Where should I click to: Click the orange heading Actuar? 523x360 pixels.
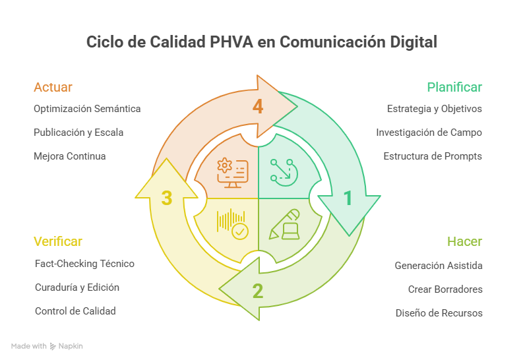[53, 87]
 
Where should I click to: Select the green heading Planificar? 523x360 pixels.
[454, 87]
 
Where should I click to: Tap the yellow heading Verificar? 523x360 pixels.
[57, 242]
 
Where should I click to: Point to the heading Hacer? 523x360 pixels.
[464, 242]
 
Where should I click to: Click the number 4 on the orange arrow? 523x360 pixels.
[258, 107]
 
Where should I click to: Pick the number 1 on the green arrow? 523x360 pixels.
[348, 198]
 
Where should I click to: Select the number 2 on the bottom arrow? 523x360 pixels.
[258, 291]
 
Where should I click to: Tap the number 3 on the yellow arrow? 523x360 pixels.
[166, 198]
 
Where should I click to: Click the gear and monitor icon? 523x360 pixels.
[233, 173]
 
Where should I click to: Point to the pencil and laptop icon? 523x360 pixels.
[284, 224]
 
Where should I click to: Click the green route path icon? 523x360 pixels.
[284, 172]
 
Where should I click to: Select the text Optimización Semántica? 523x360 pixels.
[87, 109]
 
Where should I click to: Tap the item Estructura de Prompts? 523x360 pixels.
[433, 156]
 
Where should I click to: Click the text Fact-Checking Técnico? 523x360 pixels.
[84, 264]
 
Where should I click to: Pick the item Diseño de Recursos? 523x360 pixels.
[439, 313]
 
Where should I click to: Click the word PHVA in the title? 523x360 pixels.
[231, 42]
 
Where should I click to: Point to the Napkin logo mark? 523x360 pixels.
[53, 346]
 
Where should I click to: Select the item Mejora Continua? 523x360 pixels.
[70, 156]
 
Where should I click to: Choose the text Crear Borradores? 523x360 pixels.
[445, 289]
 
